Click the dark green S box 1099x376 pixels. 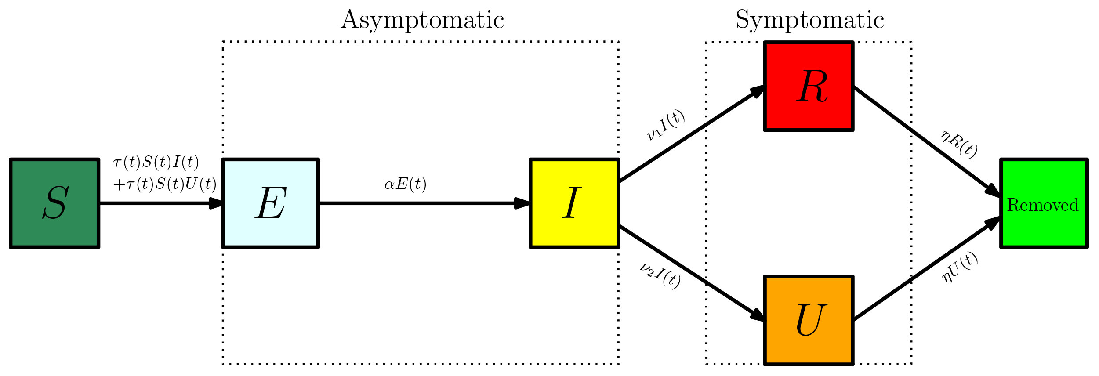(54, 203)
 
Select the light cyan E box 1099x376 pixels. (271, 203)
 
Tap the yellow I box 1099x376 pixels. (574, 203)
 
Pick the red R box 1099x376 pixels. (809, 86)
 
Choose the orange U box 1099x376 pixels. (809, 320)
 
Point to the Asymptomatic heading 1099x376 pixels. (422, 20)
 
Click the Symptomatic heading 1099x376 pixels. (809, 20)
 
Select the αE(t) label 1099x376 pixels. (405, 184)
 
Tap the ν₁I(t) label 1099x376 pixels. (665, 125)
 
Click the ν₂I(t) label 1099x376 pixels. (660, 275)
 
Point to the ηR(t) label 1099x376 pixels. (959, 145)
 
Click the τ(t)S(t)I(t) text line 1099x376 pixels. (156, 163)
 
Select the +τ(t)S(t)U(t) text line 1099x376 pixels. (165, 184)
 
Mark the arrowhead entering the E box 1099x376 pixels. (216, 203)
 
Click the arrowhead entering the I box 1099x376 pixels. (522, 203)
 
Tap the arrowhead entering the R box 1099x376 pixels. (757, 91)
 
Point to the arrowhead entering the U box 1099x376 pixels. (757, 315)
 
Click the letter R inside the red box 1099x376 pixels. (812, 86)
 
